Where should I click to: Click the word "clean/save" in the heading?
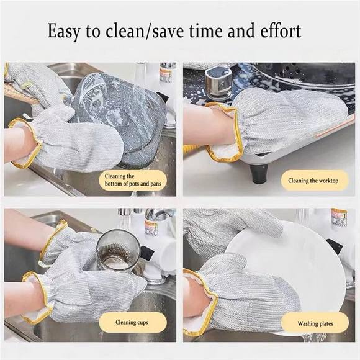133,30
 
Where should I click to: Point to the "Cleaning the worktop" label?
313,181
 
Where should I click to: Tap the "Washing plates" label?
315,323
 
